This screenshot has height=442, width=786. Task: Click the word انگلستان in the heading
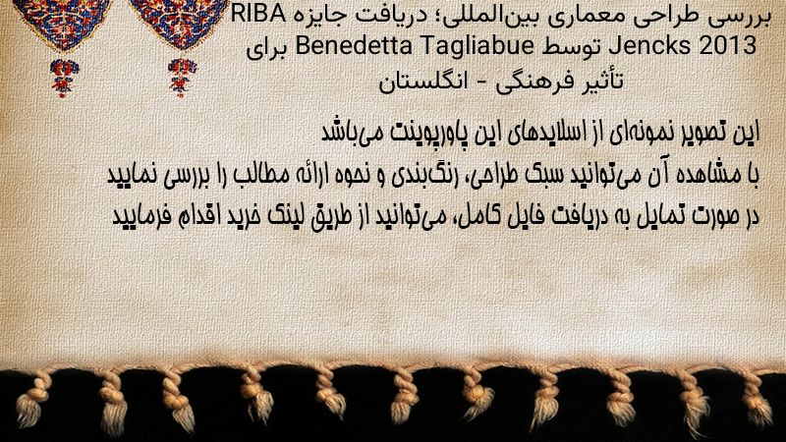point(423,82)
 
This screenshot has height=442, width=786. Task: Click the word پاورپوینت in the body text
point(421,133)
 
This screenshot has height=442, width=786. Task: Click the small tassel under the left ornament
point(64,78)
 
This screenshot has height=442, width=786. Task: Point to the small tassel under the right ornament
point(182,77)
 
